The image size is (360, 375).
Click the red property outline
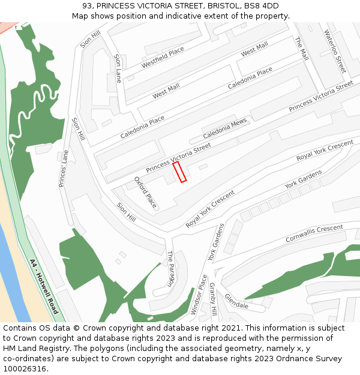coord(180,172)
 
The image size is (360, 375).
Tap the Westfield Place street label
coord(163,58)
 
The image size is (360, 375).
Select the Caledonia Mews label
coord(225,127)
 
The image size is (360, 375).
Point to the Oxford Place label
coord(145,192)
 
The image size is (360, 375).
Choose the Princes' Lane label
coord(64,169)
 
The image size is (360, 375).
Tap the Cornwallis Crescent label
coord(314,233)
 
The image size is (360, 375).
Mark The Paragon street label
coord(170,268)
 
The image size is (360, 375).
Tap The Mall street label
coord(301,48)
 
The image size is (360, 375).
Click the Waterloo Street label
coord(335,51)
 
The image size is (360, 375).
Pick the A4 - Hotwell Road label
coord(44,286)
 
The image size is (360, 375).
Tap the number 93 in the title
coord(88,6)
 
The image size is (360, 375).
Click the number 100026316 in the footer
coord(24,369)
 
